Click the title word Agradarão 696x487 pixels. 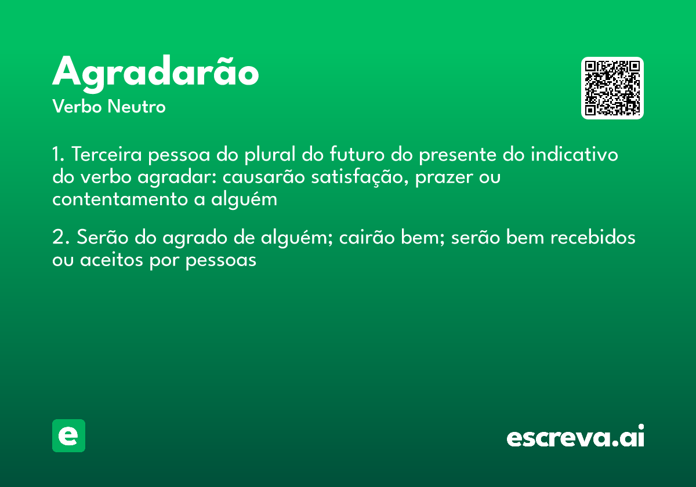point(155,73)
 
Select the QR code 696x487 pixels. point(612,88)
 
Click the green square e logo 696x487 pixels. point(68,435)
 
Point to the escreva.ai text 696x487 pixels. point(575,437)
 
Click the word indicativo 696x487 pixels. point(574,155)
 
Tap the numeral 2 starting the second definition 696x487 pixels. point(57,238)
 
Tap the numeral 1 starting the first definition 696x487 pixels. point(56,155)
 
